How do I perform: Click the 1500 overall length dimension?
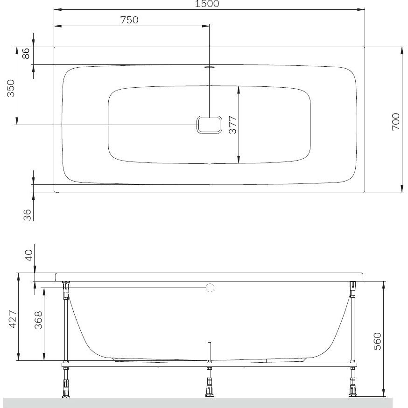pos(207,4)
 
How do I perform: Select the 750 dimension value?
pos(129,20)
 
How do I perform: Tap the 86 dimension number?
pos(26,53)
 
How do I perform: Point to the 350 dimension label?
pos(11,88)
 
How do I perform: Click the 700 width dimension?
pos(395,122)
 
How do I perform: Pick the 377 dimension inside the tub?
pos(232,125)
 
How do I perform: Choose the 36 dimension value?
pos(27,215)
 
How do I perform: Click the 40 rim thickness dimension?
pos(28,255)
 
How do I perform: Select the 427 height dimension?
pos(13,319)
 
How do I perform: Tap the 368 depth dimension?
pos(38,320)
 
